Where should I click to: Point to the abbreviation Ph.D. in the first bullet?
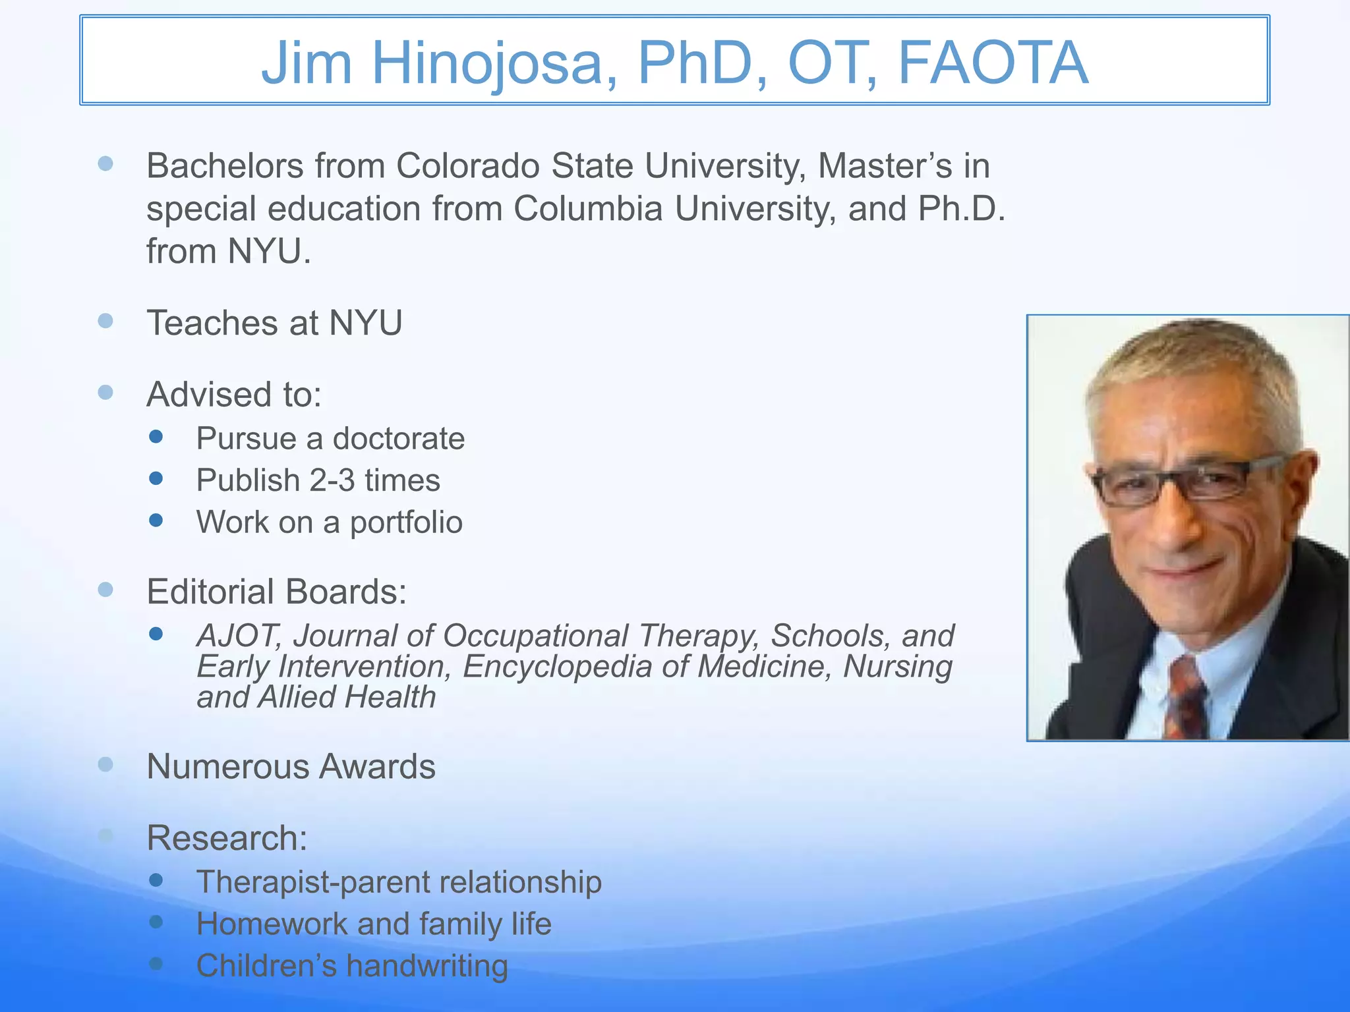[x=962, y=209]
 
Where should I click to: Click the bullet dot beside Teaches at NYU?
[x=105, y=321]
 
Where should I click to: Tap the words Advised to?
[x=234, y=395]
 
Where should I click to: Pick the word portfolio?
[x=406, y=522]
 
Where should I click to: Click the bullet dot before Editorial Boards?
[x=105, y=589]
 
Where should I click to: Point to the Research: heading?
[x=227, y=838]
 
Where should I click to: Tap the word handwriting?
[x=427, y=966]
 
